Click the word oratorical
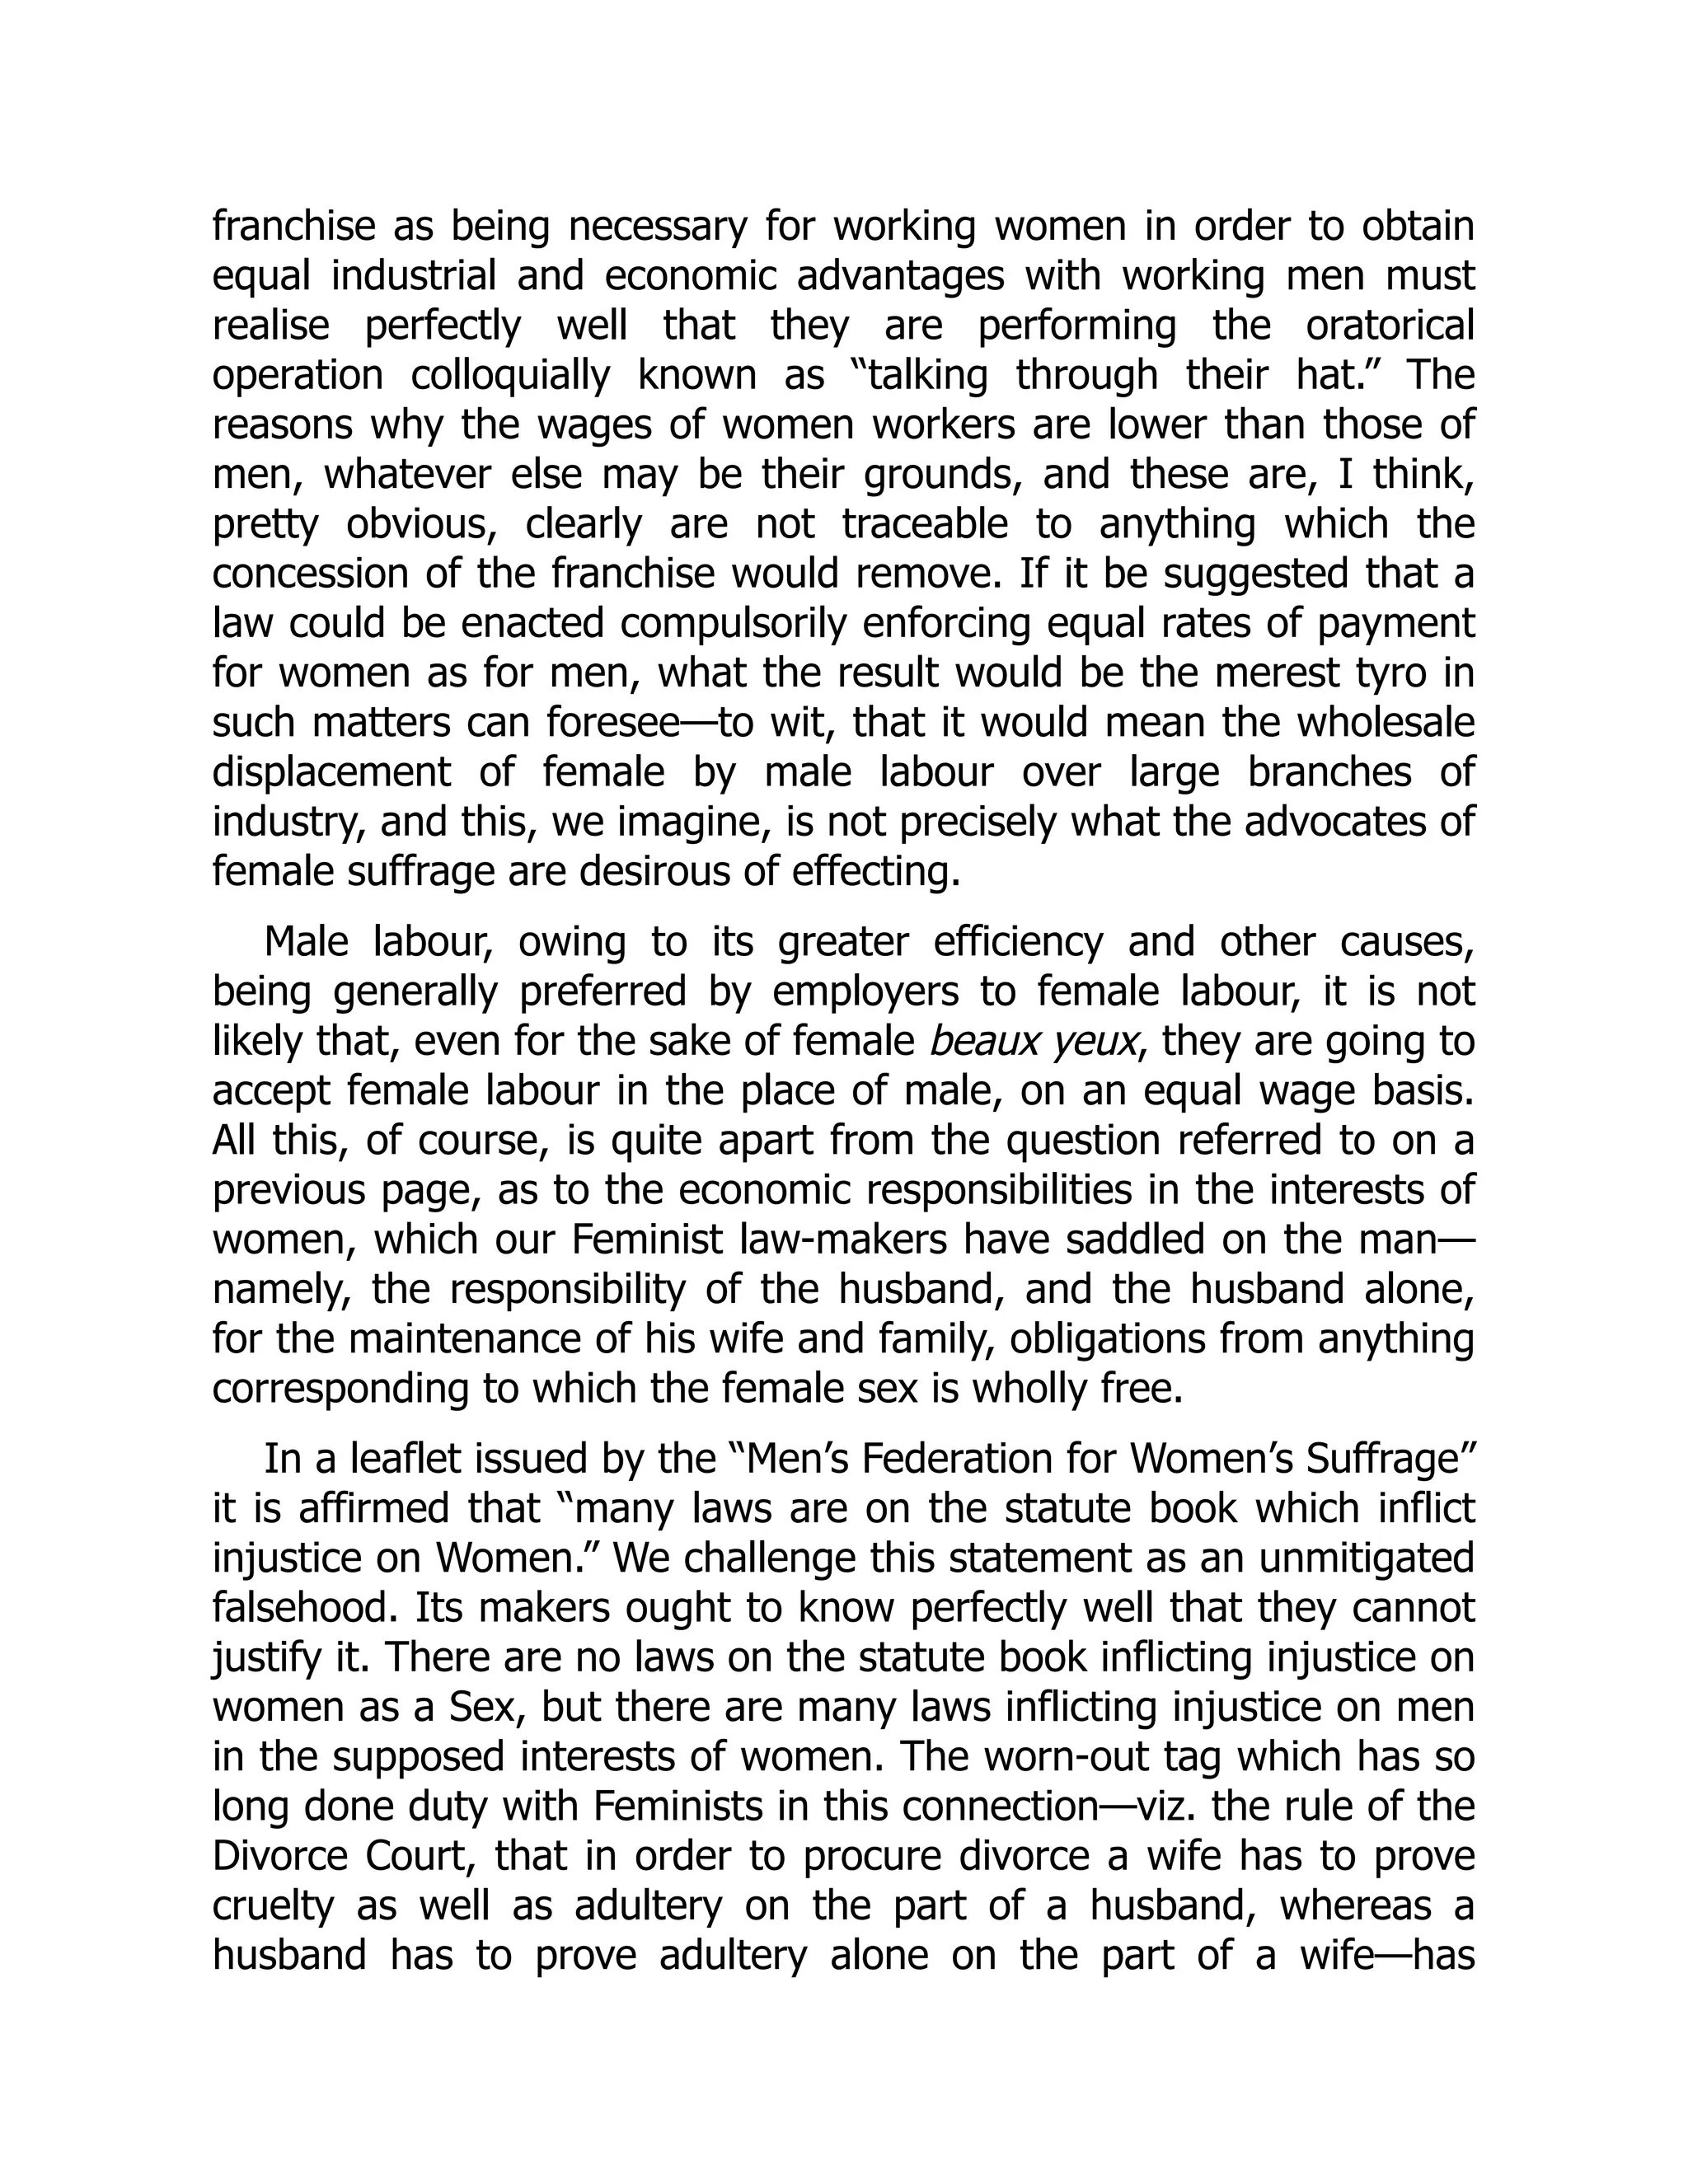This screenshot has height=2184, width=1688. [1390, 325]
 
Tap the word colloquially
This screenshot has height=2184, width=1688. [510, 375]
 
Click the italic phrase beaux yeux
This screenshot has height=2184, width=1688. [1033, 1041]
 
